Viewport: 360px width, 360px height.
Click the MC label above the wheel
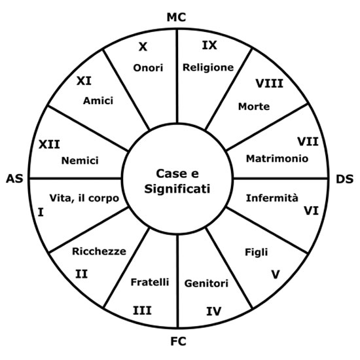[x=176, y=18]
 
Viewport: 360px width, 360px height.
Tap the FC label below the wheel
[x=178, y=342]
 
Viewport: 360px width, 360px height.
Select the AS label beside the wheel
[x=14, y=179]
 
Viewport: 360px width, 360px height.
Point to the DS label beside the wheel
[x=344, y=179]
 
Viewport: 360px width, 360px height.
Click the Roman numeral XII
[x=49, y=145]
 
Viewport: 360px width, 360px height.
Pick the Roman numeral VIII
[x=270, y=84]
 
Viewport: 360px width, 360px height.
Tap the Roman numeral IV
[x=214, y=311]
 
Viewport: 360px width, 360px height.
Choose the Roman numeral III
[x=142, y=311]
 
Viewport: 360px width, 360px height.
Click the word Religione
[x=208, y=67]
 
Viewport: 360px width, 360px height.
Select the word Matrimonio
[x=277, y=158]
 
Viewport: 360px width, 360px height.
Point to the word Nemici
[x=80, y=160]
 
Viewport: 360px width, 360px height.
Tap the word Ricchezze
[x=99, y=251]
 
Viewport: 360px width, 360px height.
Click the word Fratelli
[x=150, y=282]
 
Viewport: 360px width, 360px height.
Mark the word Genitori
[x=206, y=283]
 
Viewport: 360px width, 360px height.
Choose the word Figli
[x=257, y=252]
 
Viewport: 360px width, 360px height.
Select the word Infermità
[x=272, y=198]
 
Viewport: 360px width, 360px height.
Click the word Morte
[x=254, y=107]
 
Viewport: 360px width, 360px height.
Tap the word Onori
[x=148, y=68]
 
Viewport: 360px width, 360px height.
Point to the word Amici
[x=98, y=101]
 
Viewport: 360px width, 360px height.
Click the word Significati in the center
[x=177, y=189]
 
